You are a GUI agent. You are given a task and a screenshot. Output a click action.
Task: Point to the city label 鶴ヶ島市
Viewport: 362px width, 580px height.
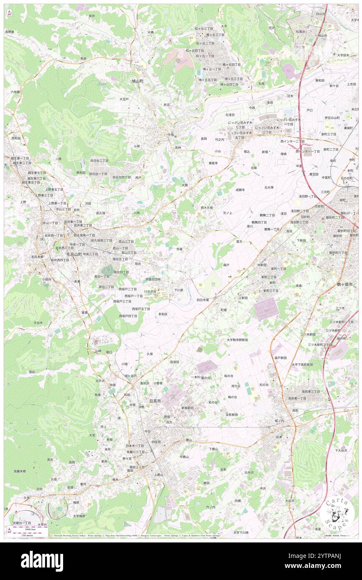[x=345, y=284]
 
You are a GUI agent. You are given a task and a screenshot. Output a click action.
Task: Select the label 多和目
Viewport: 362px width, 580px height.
[x=163, y=314]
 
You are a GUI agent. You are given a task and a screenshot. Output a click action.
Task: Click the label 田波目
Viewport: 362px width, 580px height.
[x=174, y=362]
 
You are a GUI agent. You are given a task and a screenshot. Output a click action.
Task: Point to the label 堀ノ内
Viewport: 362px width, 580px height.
[x=279, y=421]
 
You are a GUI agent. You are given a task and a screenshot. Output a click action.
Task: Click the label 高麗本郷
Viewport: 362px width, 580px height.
[x=19, y=471]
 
